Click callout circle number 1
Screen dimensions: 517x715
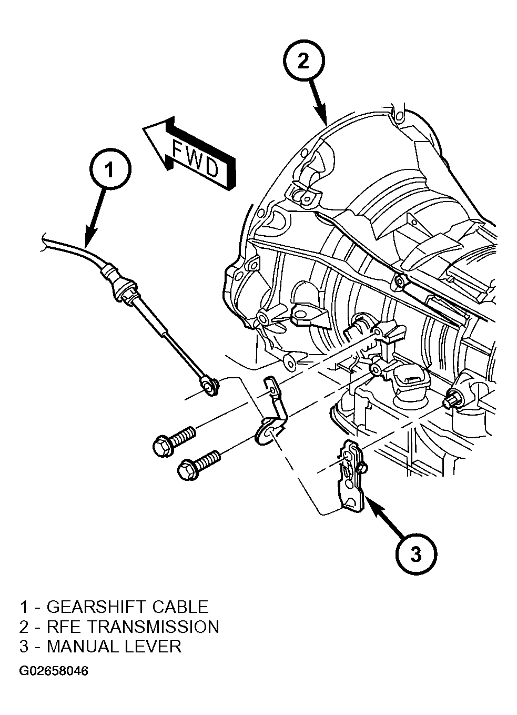click(x=110, y=169)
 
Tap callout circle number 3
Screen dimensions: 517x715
click(x=416, y=554)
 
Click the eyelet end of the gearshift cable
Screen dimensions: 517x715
click(x=209, y=387)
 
